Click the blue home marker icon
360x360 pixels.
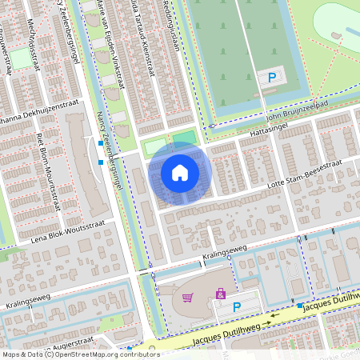pyautogui.click(x=180, y=173)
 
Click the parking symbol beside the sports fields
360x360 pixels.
pyautogui.click(x=272, y=78)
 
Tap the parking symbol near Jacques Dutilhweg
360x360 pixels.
pyautogui.click(x=237, y=306)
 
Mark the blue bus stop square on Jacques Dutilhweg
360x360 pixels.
pyautogui.click(x=299, y=306)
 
